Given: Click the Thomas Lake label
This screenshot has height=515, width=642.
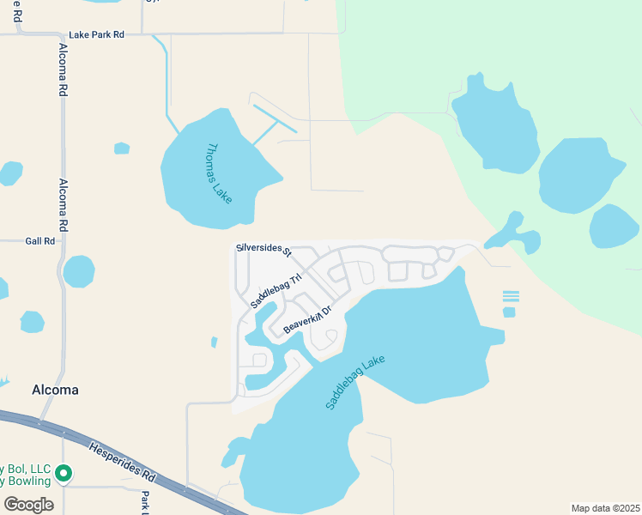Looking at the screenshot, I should (x=217, y=173).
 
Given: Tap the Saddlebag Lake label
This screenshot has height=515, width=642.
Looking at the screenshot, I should (x=356, y=382).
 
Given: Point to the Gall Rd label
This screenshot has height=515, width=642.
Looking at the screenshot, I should (x=40, y=242).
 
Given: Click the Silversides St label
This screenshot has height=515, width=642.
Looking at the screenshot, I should (x=263, y=249).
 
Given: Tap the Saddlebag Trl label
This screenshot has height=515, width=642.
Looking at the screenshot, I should (x=277, y=291).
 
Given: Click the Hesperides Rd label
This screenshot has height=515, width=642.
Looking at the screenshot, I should (x=123, y=460).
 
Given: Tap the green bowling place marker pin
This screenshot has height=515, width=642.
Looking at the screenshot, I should (x=64, y=472).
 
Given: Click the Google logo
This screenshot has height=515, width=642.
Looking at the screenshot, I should (x=28, y=504).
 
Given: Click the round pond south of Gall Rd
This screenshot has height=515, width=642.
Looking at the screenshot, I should (x=79, y=272).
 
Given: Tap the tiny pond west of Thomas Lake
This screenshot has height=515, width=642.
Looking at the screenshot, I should (x=122, y=148).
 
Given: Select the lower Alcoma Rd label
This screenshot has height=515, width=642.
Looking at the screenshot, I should (x=63, y=206).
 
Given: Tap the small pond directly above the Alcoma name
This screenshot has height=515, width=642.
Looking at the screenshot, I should (x=32, y=322).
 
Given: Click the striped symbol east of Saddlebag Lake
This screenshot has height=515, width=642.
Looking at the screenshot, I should (x=511, y=295).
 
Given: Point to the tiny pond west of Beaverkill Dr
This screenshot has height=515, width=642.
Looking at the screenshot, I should (x=214, y=342).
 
